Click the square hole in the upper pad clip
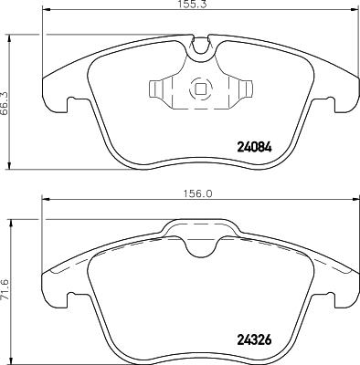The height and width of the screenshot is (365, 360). pos(198,90)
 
